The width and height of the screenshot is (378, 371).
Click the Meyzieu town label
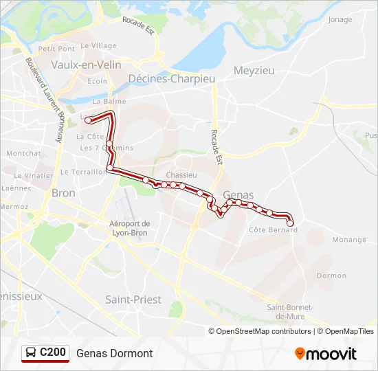tap(254, 70)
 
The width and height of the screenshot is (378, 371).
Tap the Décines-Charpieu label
tap(172, 79)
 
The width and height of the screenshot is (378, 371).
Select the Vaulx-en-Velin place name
tap(86, 65)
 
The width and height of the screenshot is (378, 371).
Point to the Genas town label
tap(238, 194)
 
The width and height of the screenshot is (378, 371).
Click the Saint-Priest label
tap(133, 300)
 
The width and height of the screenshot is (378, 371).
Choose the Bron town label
tap(63, 193)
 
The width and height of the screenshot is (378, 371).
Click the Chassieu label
tap(181, 175)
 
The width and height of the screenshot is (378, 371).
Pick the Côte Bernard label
tap(273, 229)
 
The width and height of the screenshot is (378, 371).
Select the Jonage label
tap(340, 20)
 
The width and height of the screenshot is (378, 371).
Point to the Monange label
tap(349, 240)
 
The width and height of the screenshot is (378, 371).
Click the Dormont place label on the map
tap(332, 276)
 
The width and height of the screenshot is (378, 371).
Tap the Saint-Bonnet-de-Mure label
tap(290, 311)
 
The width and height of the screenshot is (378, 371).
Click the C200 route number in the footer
tap(53, 352)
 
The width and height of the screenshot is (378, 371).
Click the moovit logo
tap(326, 354)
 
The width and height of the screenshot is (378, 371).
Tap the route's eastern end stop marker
tap(290, 223)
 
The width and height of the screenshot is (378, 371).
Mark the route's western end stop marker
tap(88, 120)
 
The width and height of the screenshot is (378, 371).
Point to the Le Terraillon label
tap(83, 172)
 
